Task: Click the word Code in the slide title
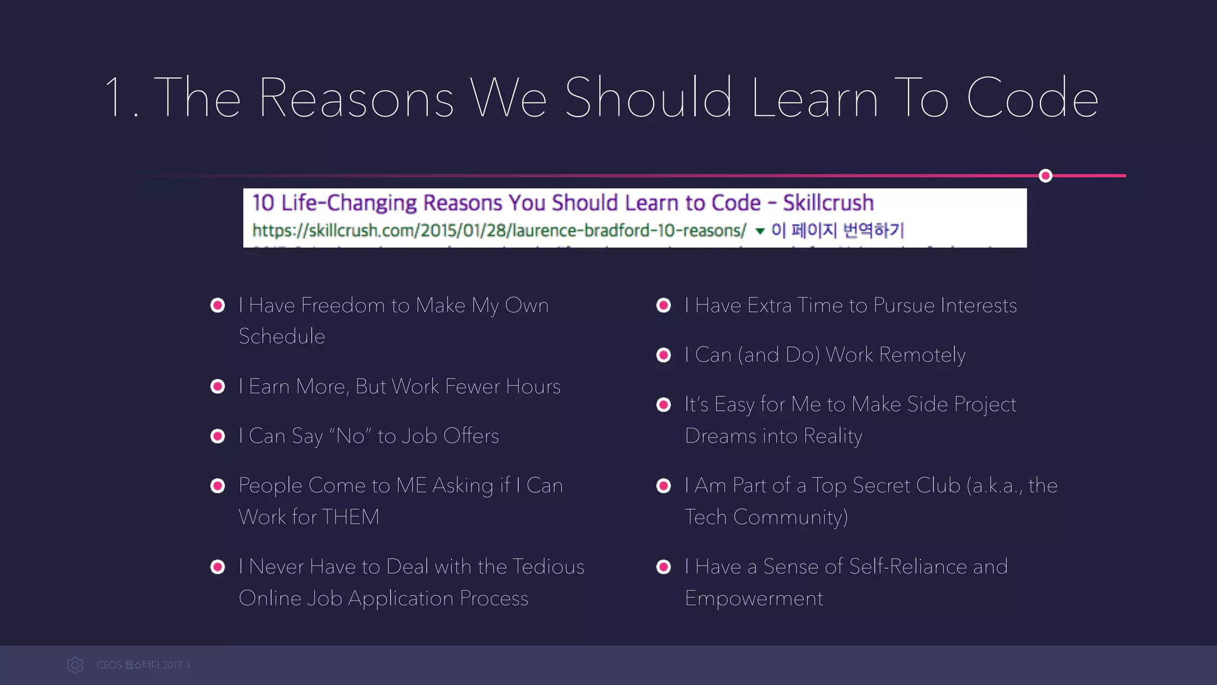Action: [x=1032, y=98]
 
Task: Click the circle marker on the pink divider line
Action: [x=1045, y=175]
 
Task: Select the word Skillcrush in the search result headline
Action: [x=828, y=203]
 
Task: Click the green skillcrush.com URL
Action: [x=499, y=230]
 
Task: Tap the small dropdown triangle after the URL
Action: [x=759, y=231]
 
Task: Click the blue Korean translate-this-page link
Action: [x=837, y=230]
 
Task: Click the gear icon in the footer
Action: [x=75, y=665]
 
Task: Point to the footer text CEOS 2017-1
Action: [x=143, y=665]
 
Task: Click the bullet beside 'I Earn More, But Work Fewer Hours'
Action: [x=218, y=387]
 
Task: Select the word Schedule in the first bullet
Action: [x=282, y=337]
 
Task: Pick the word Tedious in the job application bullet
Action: [x=548, y=567]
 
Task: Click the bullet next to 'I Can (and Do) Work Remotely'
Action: [x=664, y=355]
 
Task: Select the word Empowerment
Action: [x=753, y=598]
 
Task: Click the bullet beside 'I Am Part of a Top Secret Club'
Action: [x=664, y=486]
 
